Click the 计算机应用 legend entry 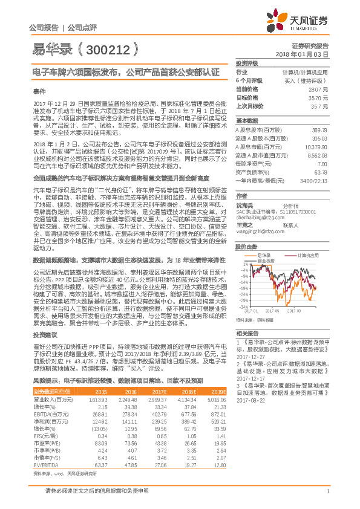pos(303,239)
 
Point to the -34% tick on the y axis pos(243,306)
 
